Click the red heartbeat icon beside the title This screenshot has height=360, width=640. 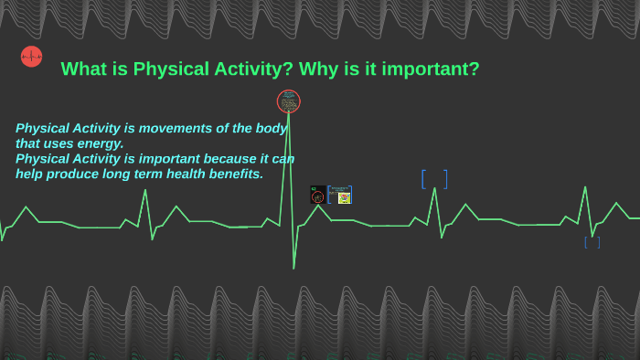[31, 57]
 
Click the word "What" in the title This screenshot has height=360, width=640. [81, 69]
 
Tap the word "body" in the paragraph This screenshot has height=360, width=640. [270, 129]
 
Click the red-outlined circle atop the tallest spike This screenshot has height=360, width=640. [288, 101]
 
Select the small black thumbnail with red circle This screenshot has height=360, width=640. [317, 195]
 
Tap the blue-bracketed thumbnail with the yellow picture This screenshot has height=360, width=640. [341, 195]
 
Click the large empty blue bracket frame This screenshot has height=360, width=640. [434, 179]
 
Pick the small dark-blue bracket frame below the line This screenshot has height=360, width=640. [592, 242]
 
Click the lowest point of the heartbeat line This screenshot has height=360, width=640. [293, 268]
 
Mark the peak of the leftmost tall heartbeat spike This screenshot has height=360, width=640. [144, 190]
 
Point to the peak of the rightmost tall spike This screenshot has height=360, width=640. [586, 187]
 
